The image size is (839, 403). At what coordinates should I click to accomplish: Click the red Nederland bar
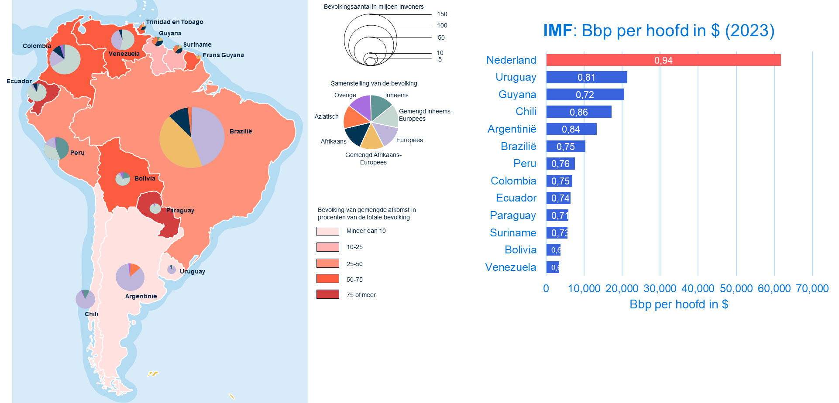(x=663, y=60)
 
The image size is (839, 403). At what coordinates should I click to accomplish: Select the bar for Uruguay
(x=586, y=78)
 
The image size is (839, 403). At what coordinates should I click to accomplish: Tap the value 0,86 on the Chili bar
(x=578, y=112)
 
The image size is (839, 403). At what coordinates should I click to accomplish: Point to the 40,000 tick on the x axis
(x=698, y=288)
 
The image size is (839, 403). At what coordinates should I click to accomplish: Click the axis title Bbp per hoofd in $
(x=679, y=304)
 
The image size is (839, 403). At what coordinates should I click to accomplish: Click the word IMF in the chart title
(x=557, y=31)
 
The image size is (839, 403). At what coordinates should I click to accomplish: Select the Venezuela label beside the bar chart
(x=510, y=267)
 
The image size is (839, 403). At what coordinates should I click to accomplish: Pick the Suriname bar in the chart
(x=557, y=233)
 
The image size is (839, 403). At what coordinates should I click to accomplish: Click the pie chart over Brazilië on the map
(x=192, y=137)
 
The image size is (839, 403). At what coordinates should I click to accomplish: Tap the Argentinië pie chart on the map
(x=130, y=277)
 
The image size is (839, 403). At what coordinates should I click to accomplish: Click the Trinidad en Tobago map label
(x=175, y=22)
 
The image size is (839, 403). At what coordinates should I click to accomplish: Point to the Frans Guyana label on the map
(x=223, y=55)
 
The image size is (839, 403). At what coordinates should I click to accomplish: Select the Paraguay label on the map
(x=180, y=210)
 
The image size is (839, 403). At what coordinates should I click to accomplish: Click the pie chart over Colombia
(x=65, y=59)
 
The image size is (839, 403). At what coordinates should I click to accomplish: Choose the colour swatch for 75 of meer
(x=327, y=294)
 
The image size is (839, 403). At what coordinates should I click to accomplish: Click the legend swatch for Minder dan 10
(x=327, y=231)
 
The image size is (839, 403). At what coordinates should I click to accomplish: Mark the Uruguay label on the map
(x=193, y=271)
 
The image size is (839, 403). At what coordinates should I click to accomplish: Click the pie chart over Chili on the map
(x=85, y=299)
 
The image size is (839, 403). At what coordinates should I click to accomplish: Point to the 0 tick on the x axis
(x=546, y=288)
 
